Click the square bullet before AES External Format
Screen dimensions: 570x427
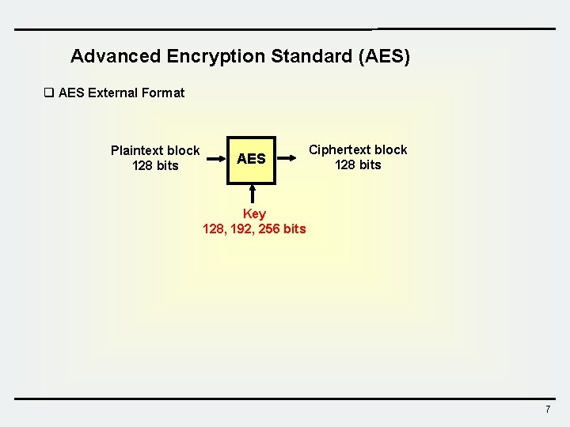coord(48,93)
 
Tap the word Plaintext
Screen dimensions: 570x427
coord(137,150)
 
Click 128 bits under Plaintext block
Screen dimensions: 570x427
coord(156,165)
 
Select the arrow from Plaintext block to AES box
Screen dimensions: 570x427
coord(216,159)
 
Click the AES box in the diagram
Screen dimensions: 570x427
coord(252,159)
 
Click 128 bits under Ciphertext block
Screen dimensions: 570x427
coord(358,164)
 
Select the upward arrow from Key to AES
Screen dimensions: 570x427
coord(252,195)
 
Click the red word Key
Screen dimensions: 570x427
coord(254,213)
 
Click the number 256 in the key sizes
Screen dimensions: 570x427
coord(271,229)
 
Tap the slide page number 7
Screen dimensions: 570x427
coord(547,409)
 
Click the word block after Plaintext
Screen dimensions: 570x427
coord(183,150)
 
